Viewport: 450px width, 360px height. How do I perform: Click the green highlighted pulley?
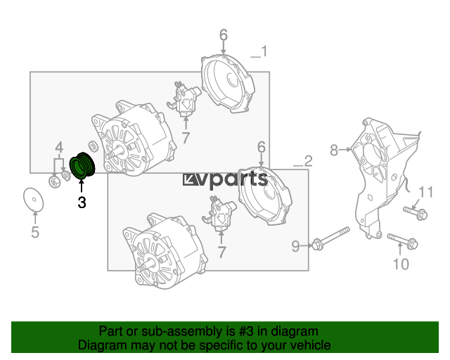click(82, 166)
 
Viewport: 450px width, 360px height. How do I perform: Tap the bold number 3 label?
click(82, 202)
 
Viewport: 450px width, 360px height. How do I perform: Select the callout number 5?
click(35, 232)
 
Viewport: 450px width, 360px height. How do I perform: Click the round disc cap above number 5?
click(34, 199)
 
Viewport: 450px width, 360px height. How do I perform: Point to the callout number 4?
click(59, 148)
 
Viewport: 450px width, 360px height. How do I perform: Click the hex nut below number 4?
click(54, 181)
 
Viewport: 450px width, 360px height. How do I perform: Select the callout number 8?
click(334, 150)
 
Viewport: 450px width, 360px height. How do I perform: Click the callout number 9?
click(295, 246)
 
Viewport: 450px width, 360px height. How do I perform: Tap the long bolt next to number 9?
click(330, 239)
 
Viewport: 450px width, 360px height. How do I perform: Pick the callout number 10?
click(401, 264)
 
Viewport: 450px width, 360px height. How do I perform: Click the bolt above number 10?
click(403, 241)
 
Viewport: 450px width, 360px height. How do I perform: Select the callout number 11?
click(425, 192)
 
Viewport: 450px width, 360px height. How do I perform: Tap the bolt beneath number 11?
click(416, 213)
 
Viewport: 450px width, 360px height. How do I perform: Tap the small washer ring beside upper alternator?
click(93, 147)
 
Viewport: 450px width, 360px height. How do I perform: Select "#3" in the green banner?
click(246, 331)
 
